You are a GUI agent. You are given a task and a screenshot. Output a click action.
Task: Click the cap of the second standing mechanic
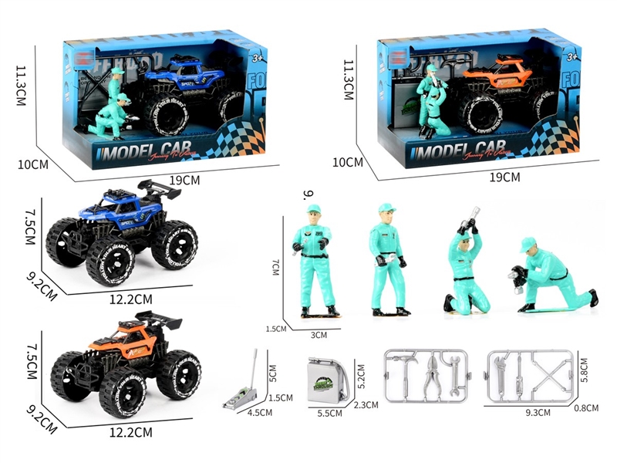coord(386,208)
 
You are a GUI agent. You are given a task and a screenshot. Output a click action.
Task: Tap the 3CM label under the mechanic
coord(319,335)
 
